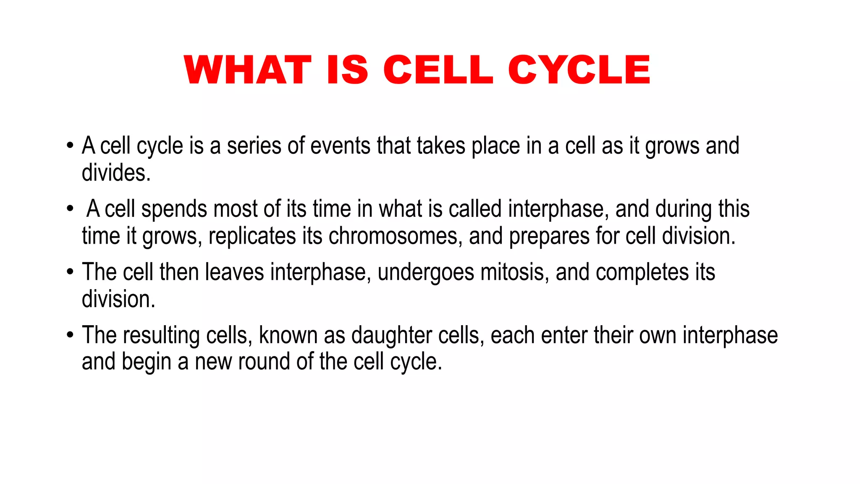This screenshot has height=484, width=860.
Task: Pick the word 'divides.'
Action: tap(116, 173)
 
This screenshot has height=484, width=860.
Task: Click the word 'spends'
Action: tap(174, 209)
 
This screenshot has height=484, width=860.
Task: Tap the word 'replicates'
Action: tap(252, 236)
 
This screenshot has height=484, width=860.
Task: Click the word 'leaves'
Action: tap(234, 272)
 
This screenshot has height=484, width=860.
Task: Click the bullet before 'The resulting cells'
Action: tap(70, 335)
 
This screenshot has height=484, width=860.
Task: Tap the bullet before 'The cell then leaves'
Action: tap(70, 272)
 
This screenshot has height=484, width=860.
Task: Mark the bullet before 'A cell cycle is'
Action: tap(70, 146)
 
